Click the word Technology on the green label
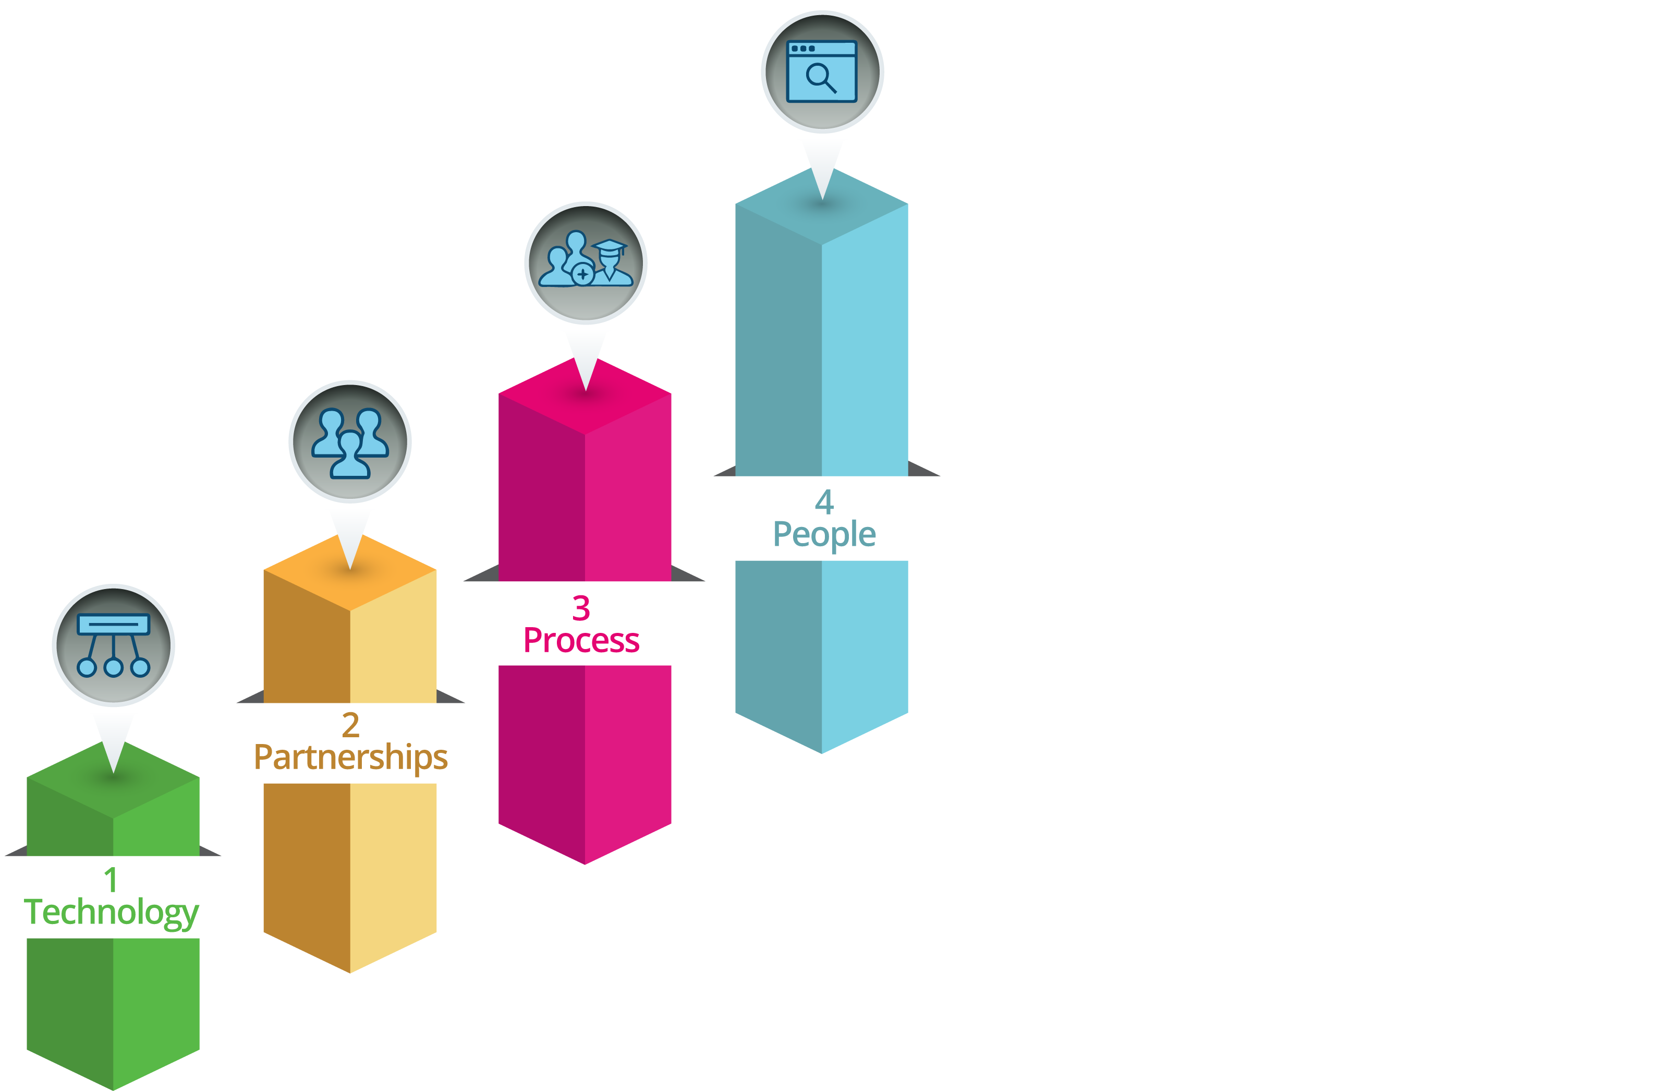[111, 912]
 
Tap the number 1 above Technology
[111, 880]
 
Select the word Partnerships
[350, 757]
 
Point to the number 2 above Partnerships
[350, 725]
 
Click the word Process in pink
[581, 640]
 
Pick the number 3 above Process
[581, 609]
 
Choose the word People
[824, 534]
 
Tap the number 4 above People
[824, 501]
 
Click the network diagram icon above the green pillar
[113, 645]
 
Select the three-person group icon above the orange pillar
[350, 442]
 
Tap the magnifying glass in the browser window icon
[820, 77]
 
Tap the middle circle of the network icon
[113, 668]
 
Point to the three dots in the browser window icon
[802, 49]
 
